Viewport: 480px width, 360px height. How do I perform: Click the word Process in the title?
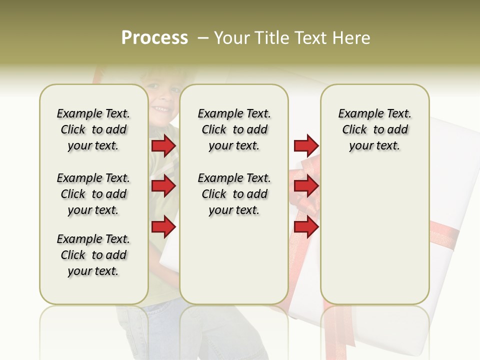154,38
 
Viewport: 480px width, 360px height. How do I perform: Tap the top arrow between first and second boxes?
163,146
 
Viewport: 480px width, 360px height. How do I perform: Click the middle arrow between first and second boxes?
163,186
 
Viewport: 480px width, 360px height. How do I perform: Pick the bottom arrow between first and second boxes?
163,227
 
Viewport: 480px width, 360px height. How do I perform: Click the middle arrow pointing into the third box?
306,186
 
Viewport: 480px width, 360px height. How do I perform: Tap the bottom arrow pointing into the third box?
306,227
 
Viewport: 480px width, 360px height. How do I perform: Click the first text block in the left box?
93,129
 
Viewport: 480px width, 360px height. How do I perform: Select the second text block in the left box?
93,194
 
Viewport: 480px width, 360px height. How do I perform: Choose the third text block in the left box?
93,255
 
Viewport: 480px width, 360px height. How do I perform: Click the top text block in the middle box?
234,129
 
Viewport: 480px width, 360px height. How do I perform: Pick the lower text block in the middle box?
234,194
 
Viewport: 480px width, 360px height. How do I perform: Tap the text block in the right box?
374,129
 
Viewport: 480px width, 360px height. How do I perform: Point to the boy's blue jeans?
150,330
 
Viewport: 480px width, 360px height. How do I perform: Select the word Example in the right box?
357,114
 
